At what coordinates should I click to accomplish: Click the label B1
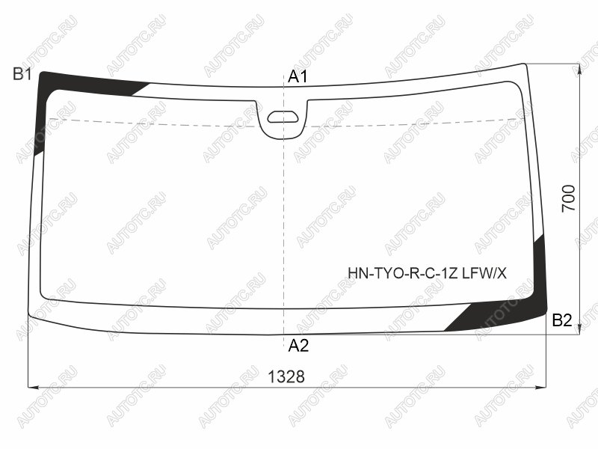[22, 73]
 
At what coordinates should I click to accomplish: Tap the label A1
[298, 77]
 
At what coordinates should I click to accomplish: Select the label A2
[298, 346]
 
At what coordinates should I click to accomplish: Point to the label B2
[562, 320]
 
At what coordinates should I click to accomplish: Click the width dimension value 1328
[286, 377]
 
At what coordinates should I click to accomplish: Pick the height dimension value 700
[568, 198]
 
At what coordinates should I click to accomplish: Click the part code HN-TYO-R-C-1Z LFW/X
[427, 273]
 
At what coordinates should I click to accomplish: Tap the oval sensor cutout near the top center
[283, 117]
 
